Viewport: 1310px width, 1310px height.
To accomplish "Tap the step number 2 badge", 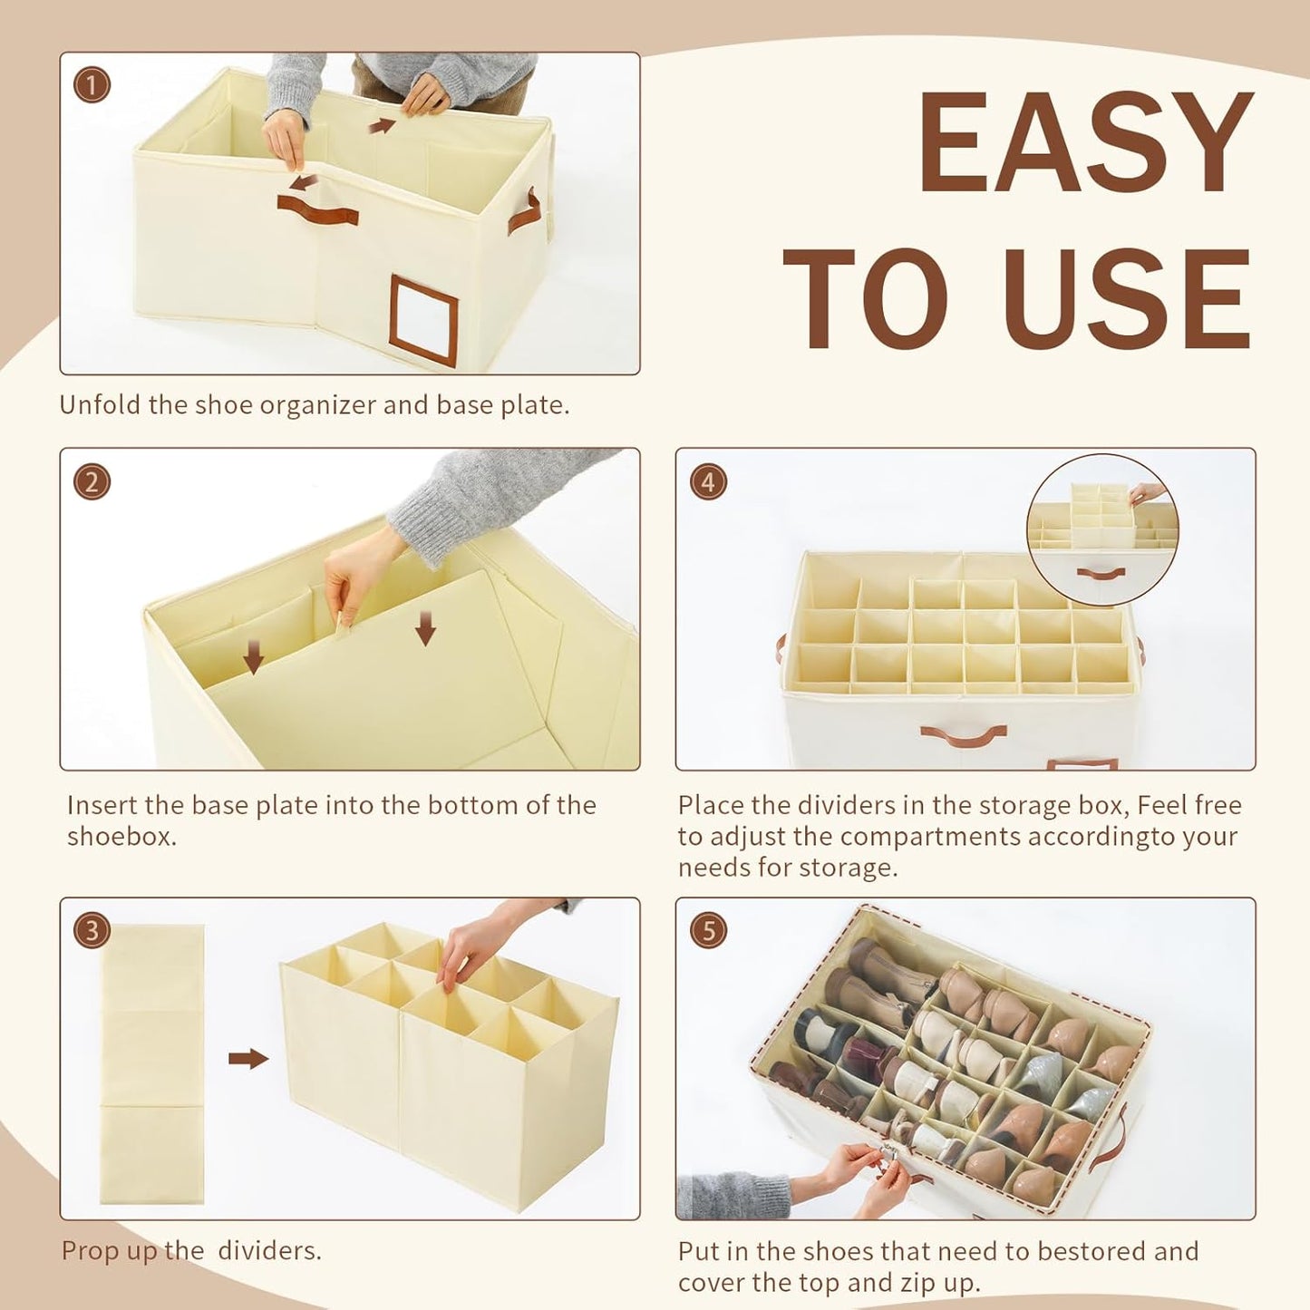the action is (92, 482).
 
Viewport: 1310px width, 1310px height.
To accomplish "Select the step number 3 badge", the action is (92, 930).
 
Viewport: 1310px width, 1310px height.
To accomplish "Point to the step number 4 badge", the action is (708, 482).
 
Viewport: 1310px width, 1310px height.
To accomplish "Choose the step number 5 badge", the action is (708, 930).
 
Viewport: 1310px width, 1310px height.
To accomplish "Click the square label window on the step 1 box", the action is (423, 322).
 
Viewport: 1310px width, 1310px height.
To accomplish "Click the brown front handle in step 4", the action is (964, 735).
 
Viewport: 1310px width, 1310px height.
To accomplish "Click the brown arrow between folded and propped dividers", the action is (248, 1059).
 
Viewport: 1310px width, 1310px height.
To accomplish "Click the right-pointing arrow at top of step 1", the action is (382, 126).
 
